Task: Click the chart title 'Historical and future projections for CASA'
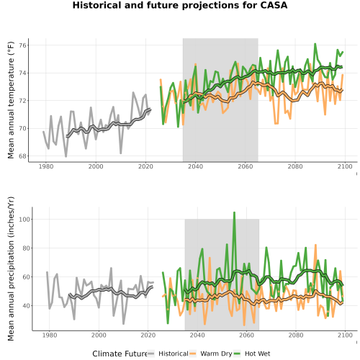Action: (x=180, y=5)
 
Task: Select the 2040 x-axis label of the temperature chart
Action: (x=195, y=166)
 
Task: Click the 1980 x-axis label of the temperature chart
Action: (x=46, y=166)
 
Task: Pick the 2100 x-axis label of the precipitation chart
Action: (x=345, y=335)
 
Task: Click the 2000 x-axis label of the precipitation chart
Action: (x=99, y=335)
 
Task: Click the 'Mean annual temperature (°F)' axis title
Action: (x=11, y=100)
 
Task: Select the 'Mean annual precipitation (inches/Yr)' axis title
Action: (x=11, y=269)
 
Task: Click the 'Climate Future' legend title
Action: (x=120, y=354)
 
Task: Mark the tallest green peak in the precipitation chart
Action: (x=234, y=212)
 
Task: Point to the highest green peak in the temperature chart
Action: (x=315, y=44)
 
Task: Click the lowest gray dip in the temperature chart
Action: (x=66, y=156)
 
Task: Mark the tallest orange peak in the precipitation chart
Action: (x=315, y=245)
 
